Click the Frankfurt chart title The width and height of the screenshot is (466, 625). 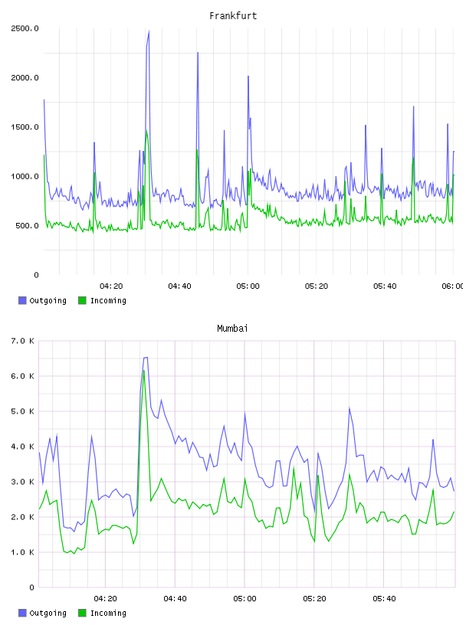(x=233, y=16)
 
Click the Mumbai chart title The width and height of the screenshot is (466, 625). (x=232, y=329)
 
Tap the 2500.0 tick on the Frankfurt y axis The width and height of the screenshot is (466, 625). (x=25, y=28)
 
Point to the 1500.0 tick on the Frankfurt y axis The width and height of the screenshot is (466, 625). (x=25, y=127)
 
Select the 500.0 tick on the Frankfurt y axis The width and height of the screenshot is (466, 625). (x=27, y=226)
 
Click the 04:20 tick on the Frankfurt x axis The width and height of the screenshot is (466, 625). (x=111, y=286)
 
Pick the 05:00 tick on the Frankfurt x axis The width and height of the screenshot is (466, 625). (x=248, y=286)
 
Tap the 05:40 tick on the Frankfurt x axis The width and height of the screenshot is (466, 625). (x=385, y=286)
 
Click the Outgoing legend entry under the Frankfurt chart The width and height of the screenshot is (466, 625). (x=42, y=300)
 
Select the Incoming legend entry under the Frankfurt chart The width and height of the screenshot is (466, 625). (x=103, y=300)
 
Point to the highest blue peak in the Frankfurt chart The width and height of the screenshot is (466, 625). (x=149, y=31)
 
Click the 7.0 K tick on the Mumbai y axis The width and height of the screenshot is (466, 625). (x=22, y=341)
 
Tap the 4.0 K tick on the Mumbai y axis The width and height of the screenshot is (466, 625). (x=22, y=447)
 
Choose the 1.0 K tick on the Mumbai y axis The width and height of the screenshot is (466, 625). (x=22, y=552)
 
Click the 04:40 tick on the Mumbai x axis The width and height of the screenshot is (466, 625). (x=175, y=599)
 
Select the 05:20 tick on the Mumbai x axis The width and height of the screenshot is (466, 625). (x=314, y=599)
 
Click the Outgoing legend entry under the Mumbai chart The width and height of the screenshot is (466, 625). (x=42, y=613)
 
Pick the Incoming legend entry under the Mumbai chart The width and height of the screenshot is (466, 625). (x=103, y=613)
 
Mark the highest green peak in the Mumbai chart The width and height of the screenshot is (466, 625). (x=144, y=371)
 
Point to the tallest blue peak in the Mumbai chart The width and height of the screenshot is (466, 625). (x=146, y=358)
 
